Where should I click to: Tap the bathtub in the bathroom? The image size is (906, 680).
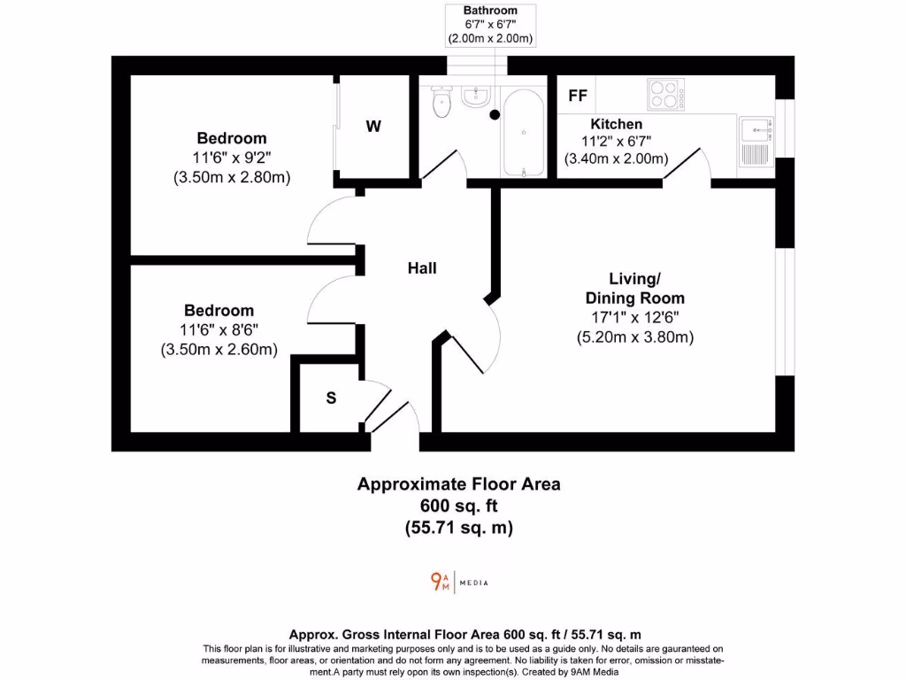(525, 133)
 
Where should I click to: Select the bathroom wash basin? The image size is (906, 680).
(475, 96)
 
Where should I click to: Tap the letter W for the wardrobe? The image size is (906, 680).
(374, 127)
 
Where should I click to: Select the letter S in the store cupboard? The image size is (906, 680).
(331, 398)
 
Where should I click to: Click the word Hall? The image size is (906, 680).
(422, 268)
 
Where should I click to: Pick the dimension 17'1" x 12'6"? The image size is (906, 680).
(634, 318)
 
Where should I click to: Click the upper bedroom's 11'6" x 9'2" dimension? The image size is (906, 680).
(231, 158)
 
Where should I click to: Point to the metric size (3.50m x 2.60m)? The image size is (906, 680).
(219, 350)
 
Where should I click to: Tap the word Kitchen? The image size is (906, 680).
(617, 124)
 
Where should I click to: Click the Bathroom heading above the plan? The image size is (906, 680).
(490, 11)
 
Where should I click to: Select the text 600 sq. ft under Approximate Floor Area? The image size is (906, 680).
(458, 506)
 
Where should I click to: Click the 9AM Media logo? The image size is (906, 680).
(458, 582)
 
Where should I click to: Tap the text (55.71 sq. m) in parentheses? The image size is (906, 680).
(458, 528)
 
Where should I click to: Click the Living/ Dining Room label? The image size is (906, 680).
(634, 289)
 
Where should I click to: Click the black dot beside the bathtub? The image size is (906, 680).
(495, 115)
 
